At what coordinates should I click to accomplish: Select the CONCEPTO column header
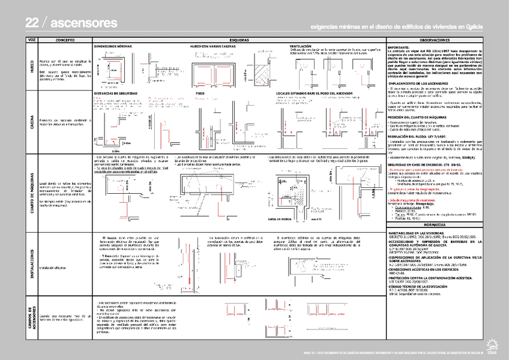[64, 40]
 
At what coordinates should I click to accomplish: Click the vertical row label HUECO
[32, 67]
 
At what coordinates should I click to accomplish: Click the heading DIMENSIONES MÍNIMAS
[113, 46]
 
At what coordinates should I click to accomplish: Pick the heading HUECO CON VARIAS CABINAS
[212, 46]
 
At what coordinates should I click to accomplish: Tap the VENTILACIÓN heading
[302, 46]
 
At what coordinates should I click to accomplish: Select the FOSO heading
[200, 94]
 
